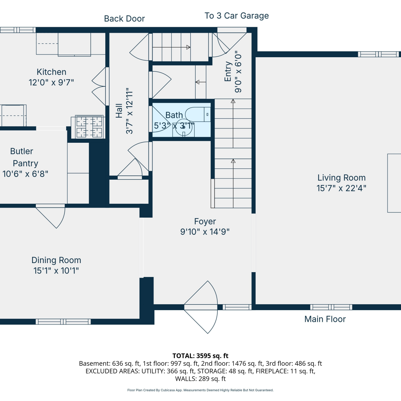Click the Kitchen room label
pyautogui.click(x=51, y=72)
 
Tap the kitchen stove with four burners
pyautogui.click(x=89, y=127)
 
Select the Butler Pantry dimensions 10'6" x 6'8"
pyautogui.click(x=25, y=174)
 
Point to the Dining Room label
pyautogui.click(x=56, y=260)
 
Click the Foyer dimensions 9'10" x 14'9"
pyautogui.click(x=205, y=232)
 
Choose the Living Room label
pyautogui.click(x=341, y=178)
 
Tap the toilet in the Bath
pyautogui.click(x=198, y=115)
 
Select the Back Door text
pyautogui.click(x=124, y=19)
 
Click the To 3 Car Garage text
pyautogui.click(x=237, y=16)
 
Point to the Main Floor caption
pyautogui.click(x=325, y=319)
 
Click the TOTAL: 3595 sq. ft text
pyautogui.click(x=200, y=356)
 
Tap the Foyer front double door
pyautogui.click(x=201, y=307)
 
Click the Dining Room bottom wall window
pyautogui.click(x=63, y=322)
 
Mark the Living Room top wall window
pyautogui.click(x=378, y=54)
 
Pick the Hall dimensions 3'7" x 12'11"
pyautogui.click(x=129, y=111)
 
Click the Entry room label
pyautogui.click(x=228, y=72)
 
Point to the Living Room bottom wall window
pyautogui.click(x=331, y=307)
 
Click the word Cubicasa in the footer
pyautogui.click(x=168, y=390)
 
